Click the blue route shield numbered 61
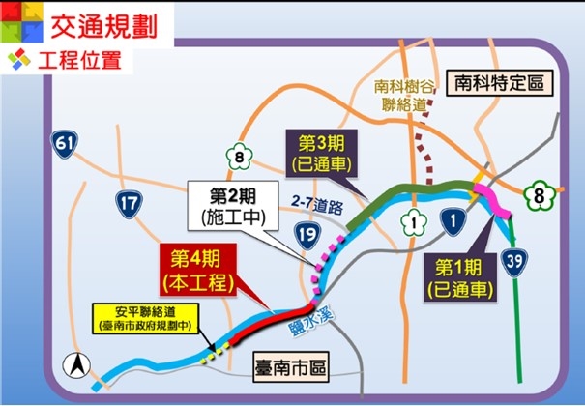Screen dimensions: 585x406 (66, 146)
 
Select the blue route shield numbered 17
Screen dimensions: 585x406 (129, 203)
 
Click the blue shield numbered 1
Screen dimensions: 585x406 (450, 221)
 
